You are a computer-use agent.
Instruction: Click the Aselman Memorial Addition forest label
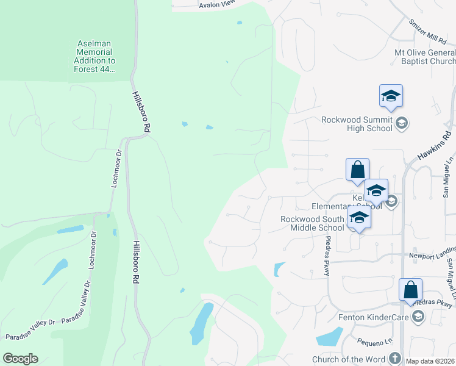tap(95, 57)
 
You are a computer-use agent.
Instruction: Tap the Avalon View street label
tap(217, 4)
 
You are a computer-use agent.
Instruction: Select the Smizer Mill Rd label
tap(429, 37)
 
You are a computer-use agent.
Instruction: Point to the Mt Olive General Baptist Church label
tap(425, 57)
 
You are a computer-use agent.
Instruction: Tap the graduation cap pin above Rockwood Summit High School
tap(391, 96)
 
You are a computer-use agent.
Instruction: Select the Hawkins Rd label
tap(434, 146)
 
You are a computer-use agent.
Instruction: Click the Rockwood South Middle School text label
tap(312, 223)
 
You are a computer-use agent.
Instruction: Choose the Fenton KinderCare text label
tap(373, 317)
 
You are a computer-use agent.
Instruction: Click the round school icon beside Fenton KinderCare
tap(418, 315)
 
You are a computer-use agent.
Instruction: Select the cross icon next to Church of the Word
tap(394, 358)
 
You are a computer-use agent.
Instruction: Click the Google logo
tap(20, 358)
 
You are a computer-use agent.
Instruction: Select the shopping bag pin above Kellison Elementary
tap(357, 170)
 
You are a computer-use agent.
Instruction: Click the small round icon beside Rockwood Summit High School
tap(402, 124)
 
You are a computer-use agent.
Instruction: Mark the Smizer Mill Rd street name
tap(429, 37)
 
